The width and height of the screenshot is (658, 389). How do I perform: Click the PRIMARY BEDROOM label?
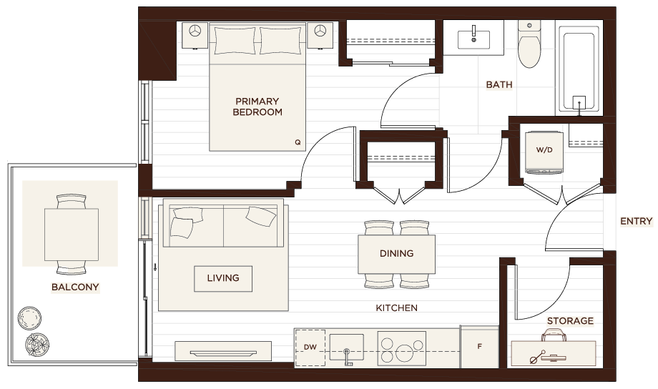[x=257, y=107]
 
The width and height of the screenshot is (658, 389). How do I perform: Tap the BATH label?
[x=499, y=85]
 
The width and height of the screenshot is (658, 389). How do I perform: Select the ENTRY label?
[x=636, y=221]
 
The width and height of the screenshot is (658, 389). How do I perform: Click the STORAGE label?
[x=570, y=321]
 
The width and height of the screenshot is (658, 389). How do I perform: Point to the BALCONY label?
[x=75, y=287]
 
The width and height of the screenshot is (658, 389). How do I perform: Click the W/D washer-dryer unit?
[x=544, y=152]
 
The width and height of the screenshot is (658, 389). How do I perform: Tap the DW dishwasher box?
[x=310, y=348]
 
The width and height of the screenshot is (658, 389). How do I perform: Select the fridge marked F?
[x=480, y=347]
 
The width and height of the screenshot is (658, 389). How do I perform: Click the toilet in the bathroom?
[x=529, y=44]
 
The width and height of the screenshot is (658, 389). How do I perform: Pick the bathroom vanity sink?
[x=473, y=39]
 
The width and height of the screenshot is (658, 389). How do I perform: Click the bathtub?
[x=579, y=69]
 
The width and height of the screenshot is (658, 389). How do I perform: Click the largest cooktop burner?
[x=405, y=353]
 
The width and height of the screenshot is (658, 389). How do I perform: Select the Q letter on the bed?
[x=298, y=142]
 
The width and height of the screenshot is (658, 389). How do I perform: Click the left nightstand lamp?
[x=195, y=31]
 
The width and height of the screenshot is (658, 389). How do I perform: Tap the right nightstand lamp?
[x=320, y=31]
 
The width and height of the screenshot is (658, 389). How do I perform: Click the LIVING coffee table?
[x=223, y=279]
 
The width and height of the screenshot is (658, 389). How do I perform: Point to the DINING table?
[x=396, y=255]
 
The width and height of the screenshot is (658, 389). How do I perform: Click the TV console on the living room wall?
[x=223, y=351]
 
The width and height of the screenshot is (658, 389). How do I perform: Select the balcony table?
[x=72, y=235]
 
